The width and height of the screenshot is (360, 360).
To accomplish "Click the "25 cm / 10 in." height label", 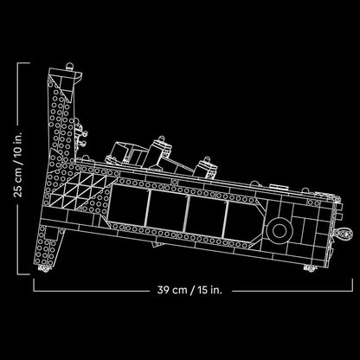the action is (x=18, y=165).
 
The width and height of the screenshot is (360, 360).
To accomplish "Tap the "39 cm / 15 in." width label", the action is (x=190, y=290).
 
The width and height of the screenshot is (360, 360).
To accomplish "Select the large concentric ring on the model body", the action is (x=280, y=230).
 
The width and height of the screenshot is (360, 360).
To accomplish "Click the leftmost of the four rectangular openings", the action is (x=127, y=205).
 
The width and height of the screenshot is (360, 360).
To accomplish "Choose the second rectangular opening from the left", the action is (x=166, y=210).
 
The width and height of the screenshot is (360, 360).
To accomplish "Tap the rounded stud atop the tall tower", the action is (x=69, y=67).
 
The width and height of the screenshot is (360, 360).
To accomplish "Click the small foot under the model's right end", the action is (x=311, y=268).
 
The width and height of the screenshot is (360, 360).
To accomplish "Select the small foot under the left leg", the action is (x=44, y=268).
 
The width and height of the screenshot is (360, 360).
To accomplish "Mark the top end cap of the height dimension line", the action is (x=23, y=63).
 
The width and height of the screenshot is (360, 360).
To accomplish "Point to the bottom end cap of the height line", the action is (x=23, y=274).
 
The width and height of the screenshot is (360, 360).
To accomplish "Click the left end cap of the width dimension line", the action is (x=34, y=285).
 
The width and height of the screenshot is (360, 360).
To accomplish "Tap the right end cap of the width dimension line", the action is (x=352, y=285).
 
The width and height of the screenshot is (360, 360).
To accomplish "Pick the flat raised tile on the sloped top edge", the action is (x=279, y=187).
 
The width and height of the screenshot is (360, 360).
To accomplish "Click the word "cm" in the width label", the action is (x=180, y=290).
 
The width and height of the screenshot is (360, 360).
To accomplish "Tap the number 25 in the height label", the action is (x=18, y=190).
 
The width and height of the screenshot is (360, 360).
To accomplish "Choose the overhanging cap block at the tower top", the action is (x=65, y=77).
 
